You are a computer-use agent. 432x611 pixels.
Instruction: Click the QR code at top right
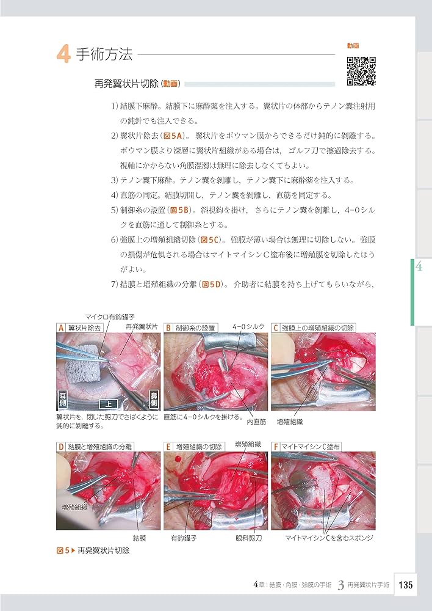[x=361, y=70]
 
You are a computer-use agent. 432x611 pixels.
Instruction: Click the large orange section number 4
[x=63, y=55]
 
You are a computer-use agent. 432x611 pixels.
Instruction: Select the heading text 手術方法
[x=104, y=55]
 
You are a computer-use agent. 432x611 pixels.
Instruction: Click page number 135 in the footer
[x=406, y=585]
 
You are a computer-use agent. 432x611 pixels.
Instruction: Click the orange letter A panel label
[x=60, y=328]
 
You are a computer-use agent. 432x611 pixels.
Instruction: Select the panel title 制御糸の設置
[x=195, y=328]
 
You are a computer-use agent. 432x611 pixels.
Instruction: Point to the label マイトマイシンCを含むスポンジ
[x=329, y=538]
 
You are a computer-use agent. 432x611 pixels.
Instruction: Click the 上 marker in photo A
[x=108, y=403]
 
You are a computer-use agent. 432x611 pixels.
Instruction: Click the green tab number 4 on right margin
[x=419, y=266]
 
